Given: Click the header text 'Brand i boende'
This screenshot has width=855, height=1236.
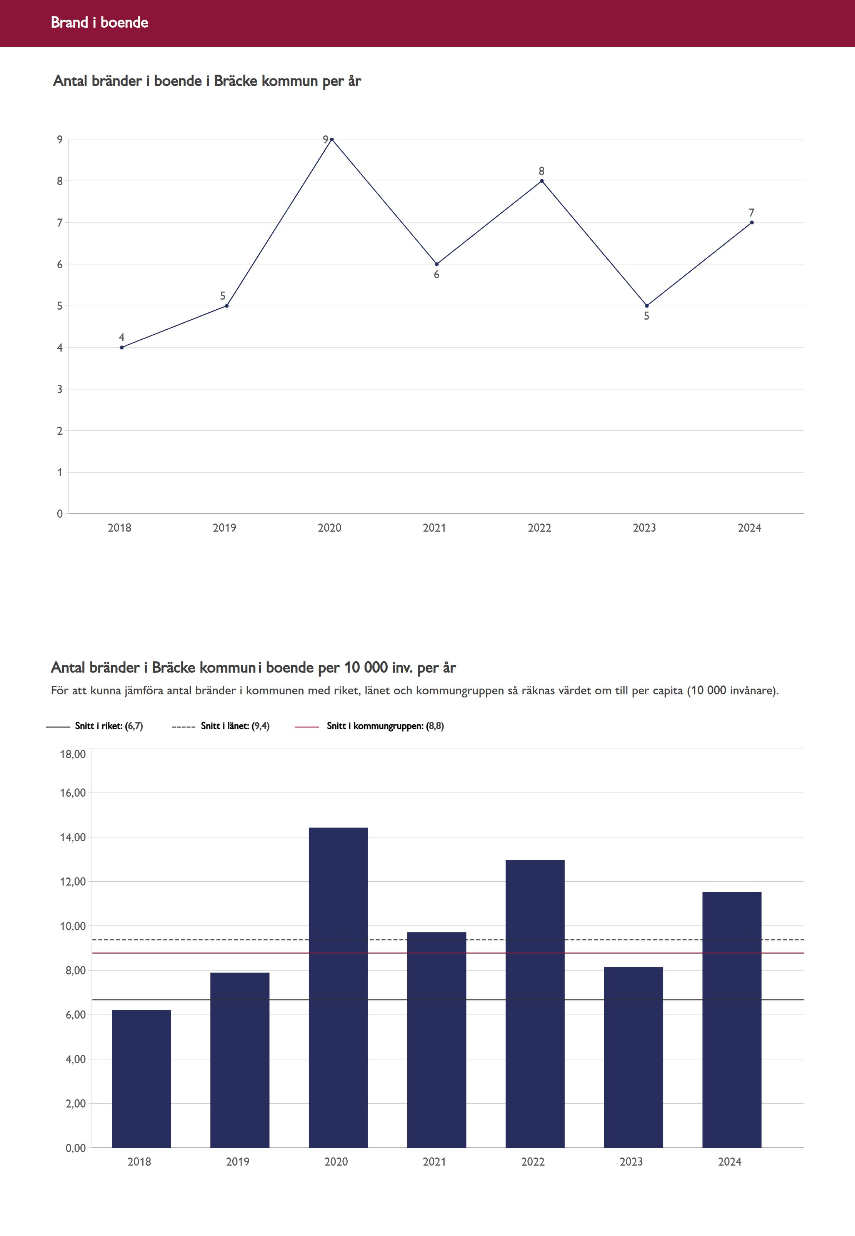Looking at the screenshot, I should [99, 22].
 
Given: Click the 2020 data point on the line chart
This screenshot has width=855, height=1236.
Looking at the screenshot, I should [332, 139].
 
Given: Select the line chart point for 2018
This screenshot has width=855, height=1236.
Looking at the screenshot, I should [122, 347].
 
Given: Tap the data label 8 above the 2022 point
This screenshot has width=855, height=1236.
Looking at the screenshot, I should [542, 171].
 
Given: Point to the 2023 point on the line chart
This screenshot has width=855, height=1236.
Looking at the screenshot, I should [647, 306].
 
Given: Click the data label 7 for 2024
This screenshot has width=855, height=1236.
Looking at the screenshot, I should [752, 213].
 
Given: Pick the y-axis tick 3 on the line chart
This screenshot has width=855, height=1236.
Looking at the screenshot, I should [60, 389].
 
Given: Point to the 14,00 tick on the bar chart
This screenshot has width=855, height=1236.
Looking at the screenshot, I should [73, 837].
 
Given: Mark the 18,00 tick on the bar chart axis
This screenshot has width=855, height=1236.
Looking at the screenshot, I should [73, 754].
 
